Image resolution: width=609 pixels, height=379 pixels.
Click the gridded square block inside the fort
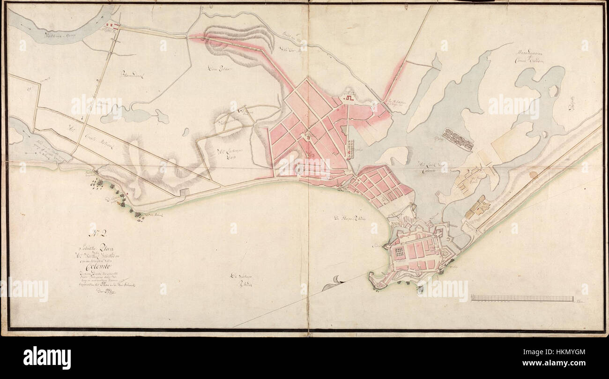399,252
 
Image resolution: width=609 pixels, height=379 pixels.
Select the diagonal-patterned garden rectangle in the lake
458,139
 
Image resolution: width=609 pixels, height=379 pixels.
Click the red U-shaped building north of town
351,98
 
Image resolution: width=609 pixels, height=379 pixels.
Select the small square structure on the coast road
184,192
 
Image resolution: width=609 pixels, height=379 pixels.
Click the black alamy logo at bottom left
47,358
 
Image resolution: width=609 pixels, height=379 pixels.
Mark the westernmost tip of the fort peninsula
370,282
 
